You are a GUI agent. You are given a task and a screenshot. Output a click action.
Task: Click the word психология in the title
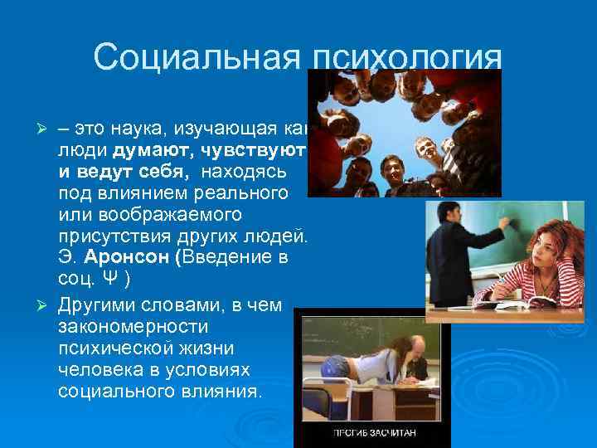[406, 57]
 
